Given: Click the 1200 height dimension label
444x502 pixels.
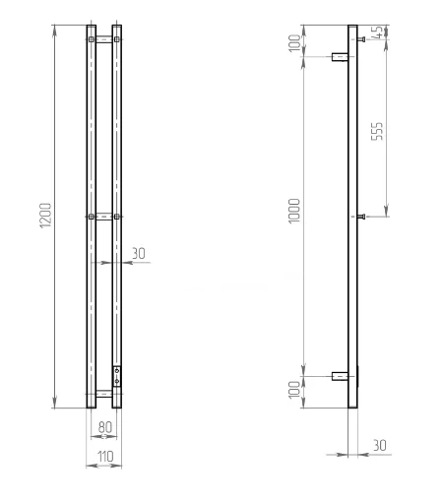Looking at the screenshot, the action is click(45, 216).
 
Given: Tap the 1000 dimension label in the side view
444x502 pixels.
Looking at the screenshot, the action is click(294, 211).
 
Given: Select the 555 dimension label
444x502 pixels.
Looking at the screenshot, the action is click(377, 131).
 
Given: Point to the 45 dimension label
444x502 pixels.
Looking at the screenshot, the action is click(378, 32).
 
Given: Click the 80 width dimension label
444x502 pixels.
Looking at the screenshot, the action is click(105, 427).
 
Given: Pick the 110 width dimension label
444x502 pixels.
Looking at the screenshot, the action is click(105, 456).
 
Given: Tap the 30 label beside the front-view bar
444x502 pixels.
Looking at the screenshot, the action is click(139, 253).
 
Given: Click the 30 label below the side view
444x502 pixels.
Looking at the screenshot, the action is click(380, 445).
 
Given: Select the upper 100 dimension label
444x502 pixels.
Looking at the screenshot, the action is click(294, 43).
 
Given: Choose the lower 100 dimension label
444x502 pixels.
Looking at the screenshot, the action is click(294, 390).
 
